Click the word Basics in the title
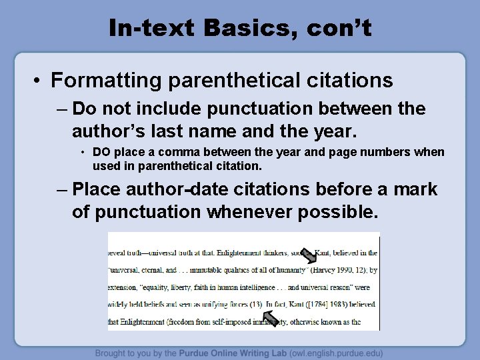[231, 28]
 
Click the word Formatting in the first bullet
[109, 81]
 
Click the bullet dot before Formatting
[38, 81]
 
